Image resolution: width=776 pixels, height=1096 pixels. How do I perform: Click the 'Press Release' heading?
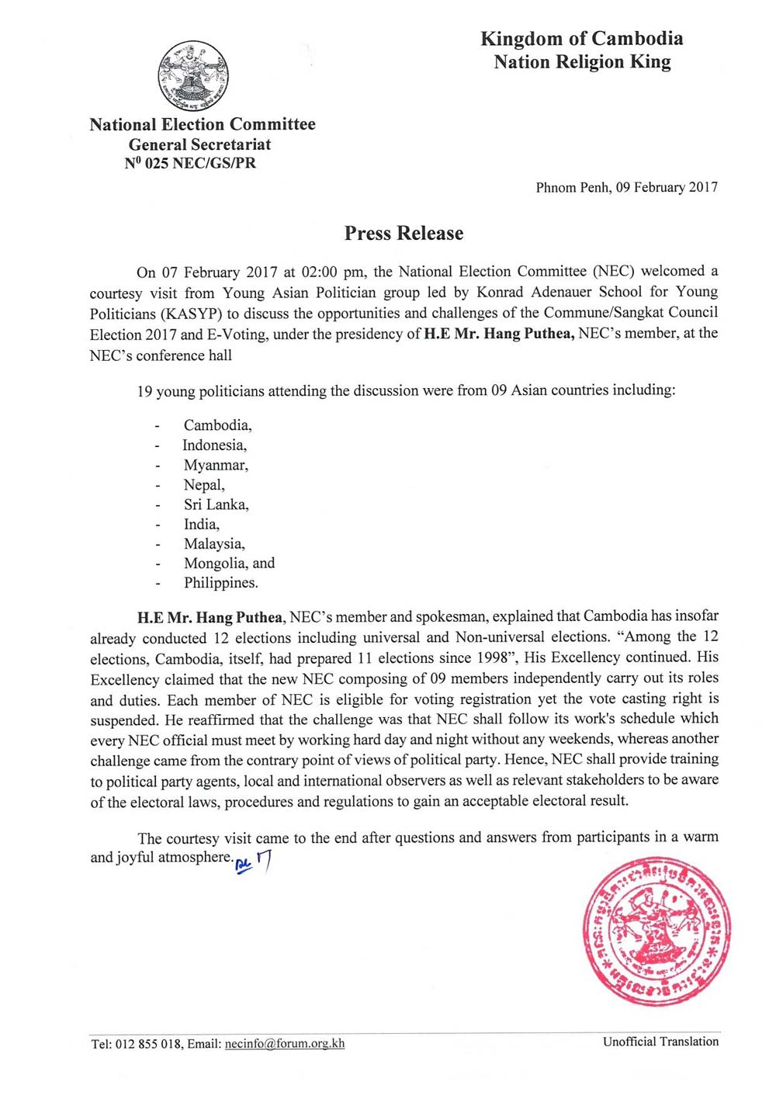(404, 233)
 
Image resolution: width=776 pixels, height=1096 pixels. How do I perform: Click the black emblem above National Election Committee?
(193, 76)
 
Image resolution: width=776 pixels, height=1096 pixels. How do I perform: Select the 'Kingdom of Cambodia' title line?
(581, 38)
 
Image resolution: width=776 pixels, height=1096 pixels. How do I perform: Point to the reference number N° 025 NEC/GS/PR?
(190, 164)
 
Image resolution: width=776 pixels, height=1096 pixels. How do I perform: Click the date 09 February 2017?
(667, 187)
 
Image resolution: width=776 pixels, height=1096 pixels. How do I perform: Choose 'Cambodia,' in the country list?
(217, 425)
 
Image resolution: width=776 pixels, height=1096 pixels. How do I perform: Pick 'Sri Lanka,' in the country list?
(216, 505)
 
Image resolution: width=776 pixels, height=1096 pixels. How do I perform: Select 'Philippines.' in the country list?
(220, 583)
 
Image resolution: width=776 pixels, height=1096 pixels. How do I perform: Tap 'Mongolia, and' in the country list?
(229, 563)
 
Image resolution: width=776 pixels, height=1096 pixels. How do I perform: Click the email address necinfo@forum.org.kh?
(285, 1044)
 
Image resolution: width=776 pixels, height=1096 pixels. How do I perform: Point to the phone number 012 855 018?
(148, 1044)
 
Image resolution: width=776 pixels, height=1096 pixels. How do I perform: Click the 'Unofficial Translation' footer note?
(660, 1042)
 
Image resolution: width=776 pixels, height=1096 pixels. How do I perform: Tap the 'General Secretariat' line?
(199, 144)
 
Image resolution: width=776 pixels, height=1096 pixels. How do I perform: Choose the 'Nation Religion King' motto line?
(582, 62)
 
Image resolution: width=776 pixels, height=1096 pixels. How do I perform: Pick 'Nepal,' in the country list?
(204, 485)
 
